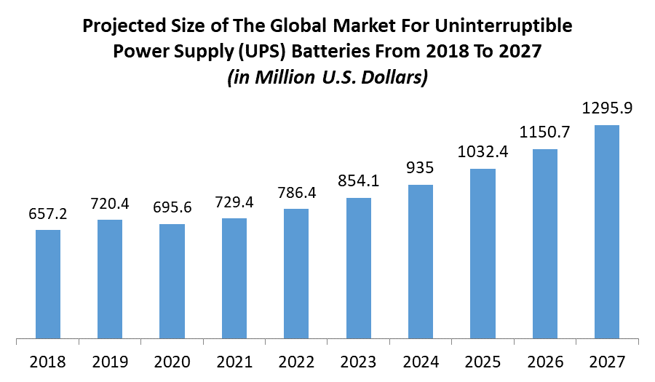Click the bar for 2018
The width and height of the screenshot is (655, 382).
point(48,284)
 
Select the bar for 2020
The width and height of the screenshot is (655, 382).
point(172,282)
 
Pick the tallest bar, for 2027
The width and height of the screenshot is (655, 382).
point(607,232)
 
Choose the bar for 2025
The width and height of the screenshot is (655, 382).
point(483,254)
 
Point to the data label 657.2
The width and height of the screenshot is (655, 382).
point(48,215)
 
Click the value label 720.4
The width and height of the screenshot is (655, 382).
point(110,204)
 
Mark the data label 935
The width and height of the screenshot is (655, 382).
point(421,168)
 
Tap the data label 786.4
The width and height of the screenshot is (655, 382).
point(296,194)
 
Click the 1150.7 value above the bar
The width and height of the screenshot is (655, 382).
point(545,133)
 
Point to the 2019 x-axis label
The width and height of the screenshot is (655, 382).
point(110,361)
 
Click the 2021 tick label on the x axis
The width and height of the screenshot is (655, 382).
point(234,361)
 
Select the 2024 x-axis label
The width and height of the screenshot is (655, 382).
point(421,361)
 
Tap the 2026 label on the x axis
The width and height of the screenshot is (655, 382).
point(545,361)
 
